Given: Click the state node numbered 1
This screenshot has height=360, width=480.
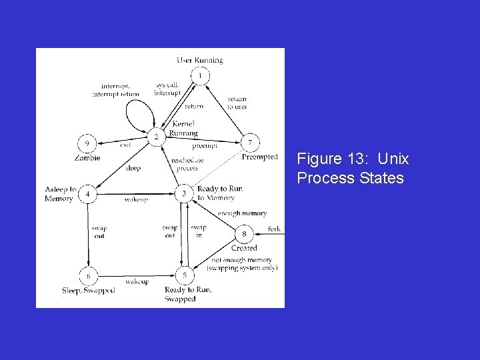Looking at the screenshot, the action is coord(200,76).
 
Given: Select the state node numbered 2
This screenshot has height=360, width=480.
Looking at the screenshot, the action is coord(157,137).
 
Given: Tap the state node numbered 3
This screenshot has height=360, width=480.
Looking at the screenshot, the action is coord(185,194).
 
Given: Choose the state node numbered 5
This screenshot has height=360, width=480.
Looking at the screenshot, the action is coord(185,275).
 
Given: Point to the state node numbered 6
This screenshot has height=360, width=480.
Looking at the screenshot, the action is coord(87,275).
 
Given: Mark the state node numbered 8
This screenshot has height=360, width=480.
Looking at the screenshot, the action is coord(244,234).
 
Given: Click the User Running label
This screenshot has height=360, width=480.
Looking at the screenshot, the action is coord(200,60).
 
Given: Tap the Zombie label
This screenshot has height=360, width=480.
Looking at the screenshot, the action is coord(87,158).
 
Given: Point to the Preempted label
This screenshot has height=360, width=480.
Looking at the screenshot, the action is coord(260,157).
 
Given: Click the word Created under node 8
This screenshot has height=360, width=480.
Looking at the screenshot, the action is coord(244,248).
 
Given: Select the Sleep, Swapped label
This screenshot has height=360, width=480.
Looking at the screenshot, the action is coord(88,290).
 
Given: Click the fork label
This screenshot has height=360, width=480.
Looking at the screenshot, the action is coord(274,229).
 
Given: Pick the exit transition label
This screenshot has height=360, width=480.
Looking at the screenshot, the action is coord(125,144).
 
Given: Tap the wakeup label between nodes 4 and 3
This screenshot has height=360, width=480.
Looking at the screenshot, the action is coord(136,199).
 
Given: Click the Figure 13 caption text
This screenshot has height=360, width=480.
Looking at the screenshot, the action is coord(353,168).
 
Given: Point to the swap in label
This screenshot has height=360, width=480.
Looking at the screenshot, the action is coord(199,231).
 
